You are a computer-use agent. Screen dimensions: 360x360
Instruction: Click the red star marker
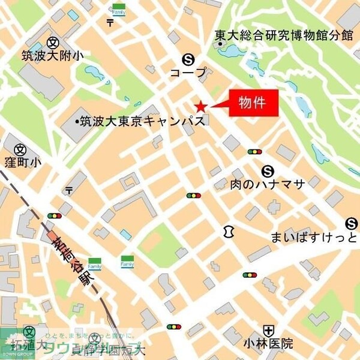[200, 107]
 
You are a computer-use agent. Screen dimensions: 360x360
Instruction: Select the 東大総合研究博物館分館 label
[284, 35]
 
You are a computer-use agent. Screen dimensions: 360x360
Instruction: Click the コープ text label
[188, 73]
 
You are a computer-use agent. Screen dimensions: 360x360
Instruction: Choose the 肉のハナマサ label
[268, 184]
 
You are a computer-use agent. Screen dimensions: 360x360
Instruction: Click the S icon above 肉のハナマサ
[268, 170]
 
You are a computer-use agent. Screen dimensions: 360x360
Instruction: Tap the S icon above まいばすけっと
[352, 224]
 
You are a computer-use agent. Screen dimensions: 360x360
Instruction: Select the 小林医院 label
[268, 344]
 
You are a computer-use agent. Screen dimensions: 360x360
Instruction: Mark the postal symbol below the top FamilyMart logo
[110, 23]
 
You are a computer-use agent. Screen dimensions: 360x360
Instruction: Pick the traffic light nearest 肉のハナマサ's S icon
[254, 152]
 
